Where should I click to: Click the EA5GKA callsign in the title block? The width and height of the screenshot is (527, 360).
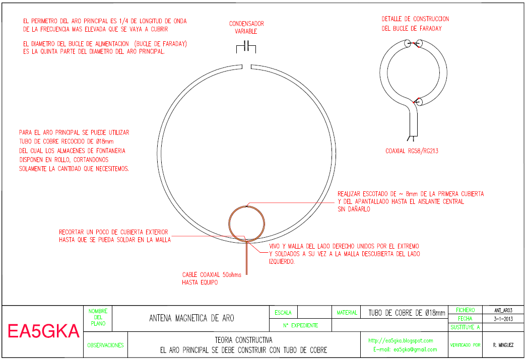43,332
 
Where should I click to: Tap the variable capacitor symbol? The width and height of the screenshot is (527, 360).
246,47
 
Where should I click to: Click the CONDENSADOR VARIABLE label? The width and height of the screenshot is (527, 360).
246,27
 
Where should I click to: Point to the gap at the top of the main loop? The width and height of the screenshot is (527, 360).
246,66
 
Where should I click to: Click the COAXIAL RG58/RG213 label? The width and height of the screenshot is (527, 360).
412,151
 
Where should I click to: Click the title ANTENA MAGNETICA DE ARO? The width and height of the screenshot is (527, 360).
191,318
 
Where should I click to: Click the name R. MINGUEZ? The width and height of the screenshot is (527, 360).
503,345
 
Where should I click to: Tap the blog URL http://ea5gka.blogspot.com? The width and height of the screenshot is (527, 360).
401,340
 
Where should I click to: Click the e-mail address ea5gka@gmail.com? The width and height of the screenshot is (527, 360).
405,349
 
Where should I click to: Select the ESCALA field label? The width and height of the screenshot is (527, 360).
283,313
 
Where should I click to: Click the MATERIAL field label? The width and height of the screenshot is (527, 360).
347,313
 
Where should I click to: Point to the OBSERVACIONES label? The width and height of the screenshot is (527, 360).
105,345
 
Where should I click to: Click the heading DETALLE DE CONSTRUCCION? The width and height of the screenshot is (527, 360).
415,19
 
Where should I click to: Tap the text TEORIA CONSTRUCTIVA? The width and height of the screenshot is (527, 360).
243,340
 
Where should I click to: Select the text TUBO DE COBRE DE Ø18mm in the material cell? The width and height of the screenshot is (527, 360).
407,313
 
